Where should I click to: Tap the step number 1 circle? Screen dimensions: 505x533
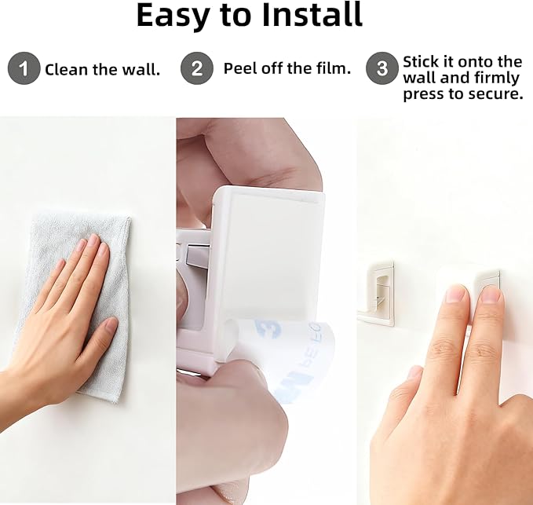[24, 69]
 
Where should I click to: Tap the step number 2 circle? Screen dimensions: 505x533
[196, 69]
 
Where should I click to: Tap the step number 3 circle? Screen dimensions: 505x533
[382, 69]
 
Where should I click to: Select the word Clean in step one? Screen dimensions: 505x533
[65, 70]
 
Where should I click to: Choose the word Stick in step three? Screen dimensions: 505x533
[422, 61]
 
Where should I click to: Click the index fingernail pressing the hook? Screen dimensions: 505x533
[456, 294]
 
